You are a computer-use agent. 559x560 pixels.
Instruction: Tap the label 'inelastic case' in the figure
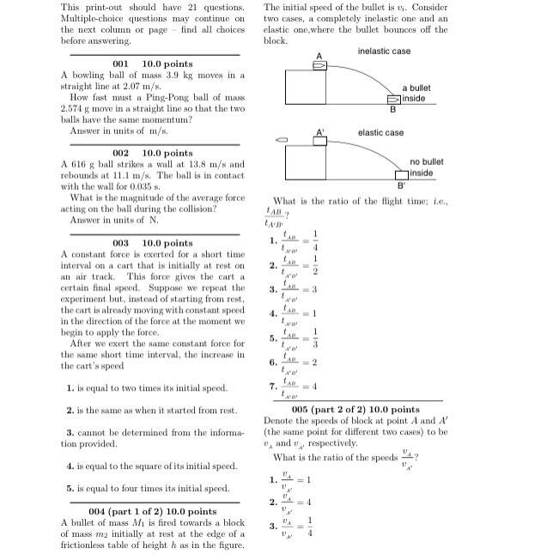click(x=384, y=52)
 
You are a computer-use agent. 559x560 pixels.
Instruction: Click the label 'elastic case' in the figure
click(x=380, y=133)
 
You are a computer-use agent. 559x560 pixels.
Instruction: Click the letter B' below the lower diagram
click(x=400, y=186)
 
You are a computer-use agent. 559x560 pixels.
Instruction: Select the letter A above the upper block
click(x=319, y=56)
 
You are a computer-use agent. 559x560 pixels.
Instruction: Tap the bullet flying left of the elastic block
click(x=280, y=139)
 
